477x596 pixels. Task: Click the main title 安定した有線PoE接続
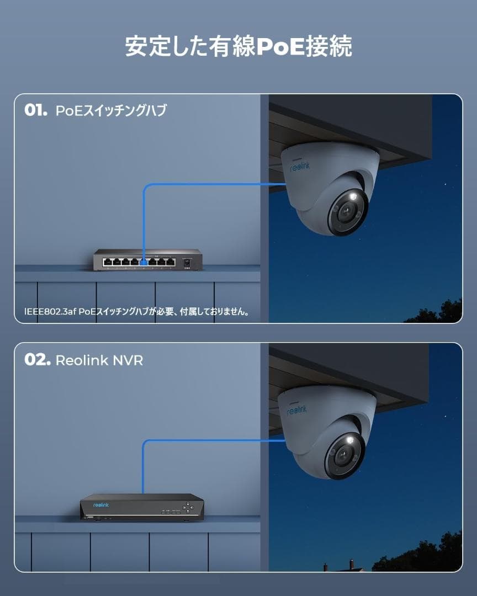pos(239,46)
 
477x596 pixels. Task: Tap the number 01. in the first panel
pos(36,110)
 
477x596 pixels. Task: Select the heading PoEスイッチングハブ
pos(111,110)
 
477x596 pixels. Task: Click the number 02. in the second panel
pos(37,360)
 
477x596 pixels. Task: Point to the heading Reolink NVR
pos(99,360)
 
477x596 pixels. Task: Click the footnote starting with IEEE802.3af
pos(137,312)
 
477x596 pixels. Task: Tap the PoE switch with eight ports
pos(148,259)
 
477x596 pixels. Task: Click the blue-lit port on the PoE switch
pos(144,262)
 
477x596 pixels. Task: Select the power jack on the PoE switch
pos(187,262)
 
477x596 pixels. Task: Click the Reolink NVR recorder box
pos(142,507)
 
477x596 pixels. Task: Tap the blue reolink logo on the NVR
pos(101,505)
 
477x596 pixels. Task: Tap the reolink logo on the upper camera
pos(300,167)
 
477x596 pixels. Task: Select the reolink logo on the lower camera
pos(296,410)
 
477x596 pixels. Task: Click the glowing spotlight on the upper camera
pos(353,196)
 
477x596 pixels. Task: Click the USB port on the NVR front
pos(90,517)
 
